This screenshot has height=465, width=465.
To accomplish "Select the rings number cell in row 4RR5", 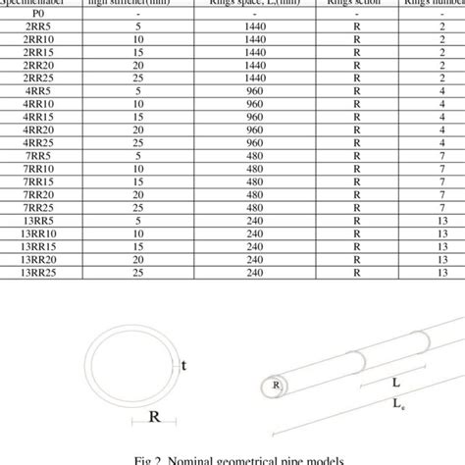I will [x=442, y=88].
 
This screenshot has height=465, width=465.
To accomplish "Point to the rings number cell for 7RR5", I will [x=442, y=154].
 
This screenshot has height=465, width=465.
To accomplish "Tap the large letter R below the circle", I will [x=155, y=415].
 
